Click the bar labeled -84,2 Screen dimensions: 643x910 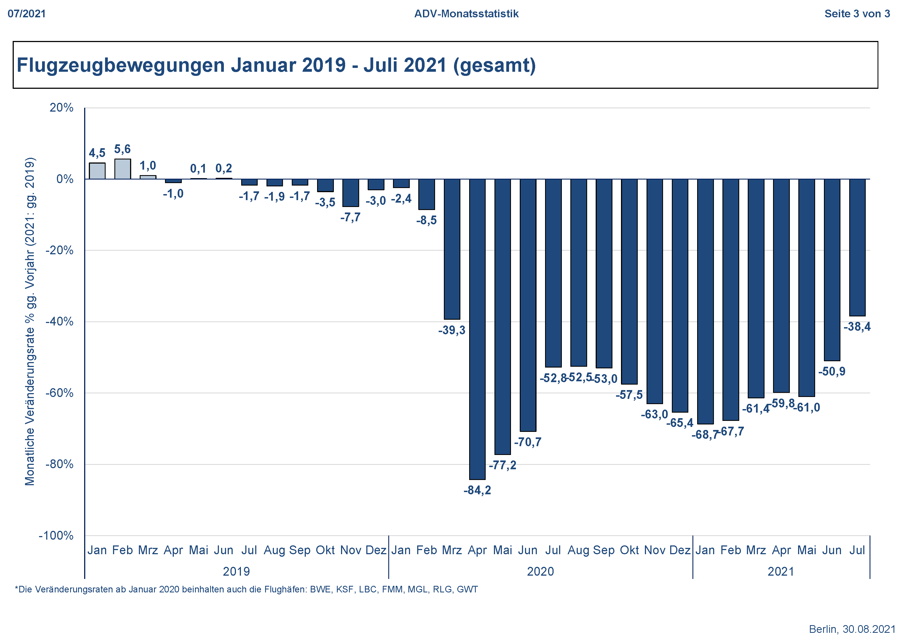477,329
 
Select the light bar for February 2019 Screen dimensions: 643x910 122,169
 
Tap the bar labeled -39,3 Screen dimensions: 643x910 452,249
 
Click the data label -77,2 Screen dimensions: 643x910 502,465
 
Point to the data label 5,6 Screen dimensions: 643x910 122,149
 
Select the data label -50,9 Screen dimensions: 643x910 832,372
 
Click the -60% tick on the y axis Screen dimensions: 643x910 59,393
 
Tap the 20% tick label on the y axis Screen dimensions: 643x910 61,108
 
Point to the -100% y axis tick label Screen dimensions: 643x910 56,536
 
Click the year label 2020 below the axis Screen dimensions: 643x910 540,572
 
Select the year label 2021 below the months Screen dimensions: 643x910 781,572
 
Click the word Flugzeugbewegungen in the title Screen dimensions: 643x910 121,65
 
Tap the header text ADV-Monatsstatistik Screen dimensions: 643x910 466,14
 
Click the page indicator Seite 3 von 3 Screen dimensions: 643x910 857,14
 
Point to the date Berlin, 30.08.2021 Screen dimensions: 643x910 852,629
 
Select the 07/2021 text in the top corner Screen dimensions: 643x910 27,14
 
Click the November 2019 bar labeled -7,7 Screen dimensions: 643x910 350,193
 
